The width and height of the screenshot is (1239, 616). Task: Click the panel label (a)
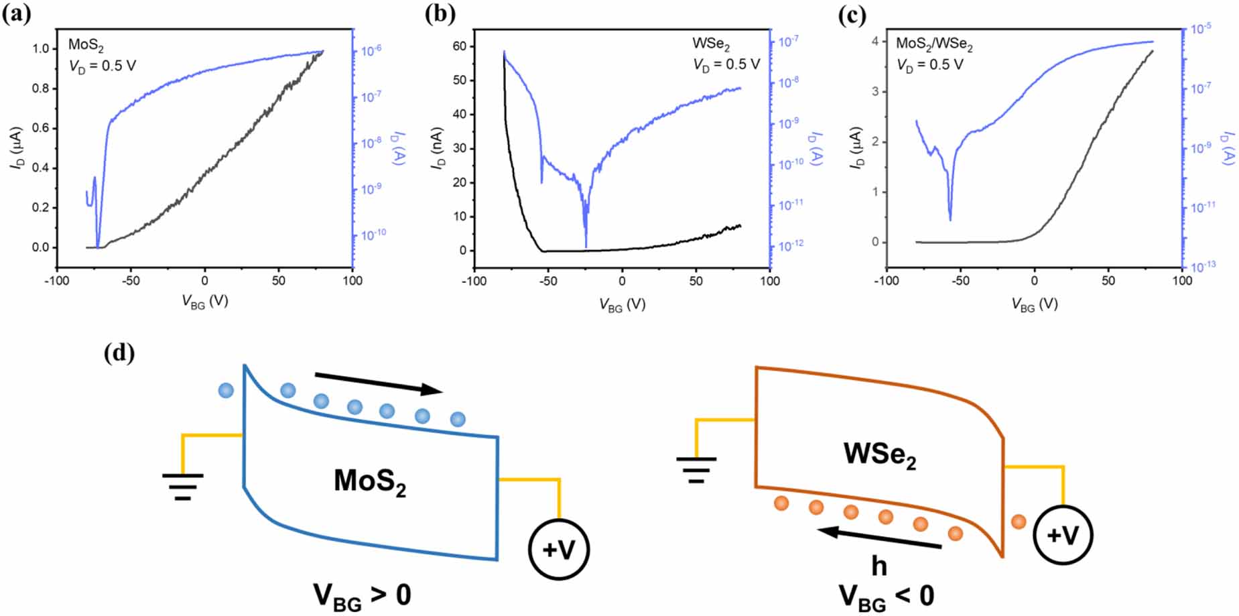pos(17,15)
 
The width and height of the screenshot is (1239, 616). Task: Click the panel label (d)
pos(119,352)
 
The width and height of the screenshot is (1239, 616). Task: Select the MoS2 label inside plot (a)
pos(86,46)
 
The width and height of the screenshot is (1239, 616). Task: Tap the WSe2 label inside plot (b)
pos(711,44)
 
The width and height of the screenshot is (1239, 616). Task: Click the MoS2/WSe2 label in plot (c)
pos(934,44)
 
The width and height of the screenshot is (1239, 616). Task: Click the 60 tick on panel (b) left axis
pos(459,46)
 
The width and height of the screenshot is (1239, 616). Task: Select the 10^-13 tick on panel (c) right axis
pos(1203,266)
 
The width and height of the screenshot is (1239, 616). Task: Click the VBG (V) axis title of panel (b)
pos(622,305)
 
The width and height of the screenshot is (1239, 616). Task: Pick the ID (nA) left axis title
pos(438,147)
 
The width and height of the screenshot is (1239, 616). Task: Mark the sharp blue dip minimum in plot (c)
pos(950,219)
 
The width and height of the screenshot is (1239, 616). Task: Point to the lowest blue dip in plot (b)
pos(586,246)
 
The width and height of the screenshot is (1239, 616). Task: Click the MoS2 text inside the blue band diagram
pos(370,481)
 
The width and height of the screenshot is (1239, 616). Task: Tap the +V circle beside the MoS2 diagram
pos(558,550)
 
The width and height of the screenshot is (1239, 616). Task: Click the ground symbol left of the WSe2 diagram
pos(696,469)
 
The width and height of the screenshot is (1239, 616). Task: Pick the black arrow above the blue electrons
pos(379,383)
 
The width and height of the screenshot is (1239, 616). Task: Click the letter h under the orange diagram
pos(878,566)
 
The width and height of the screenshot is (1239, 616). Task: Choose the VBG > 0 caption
pos(362,595)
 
